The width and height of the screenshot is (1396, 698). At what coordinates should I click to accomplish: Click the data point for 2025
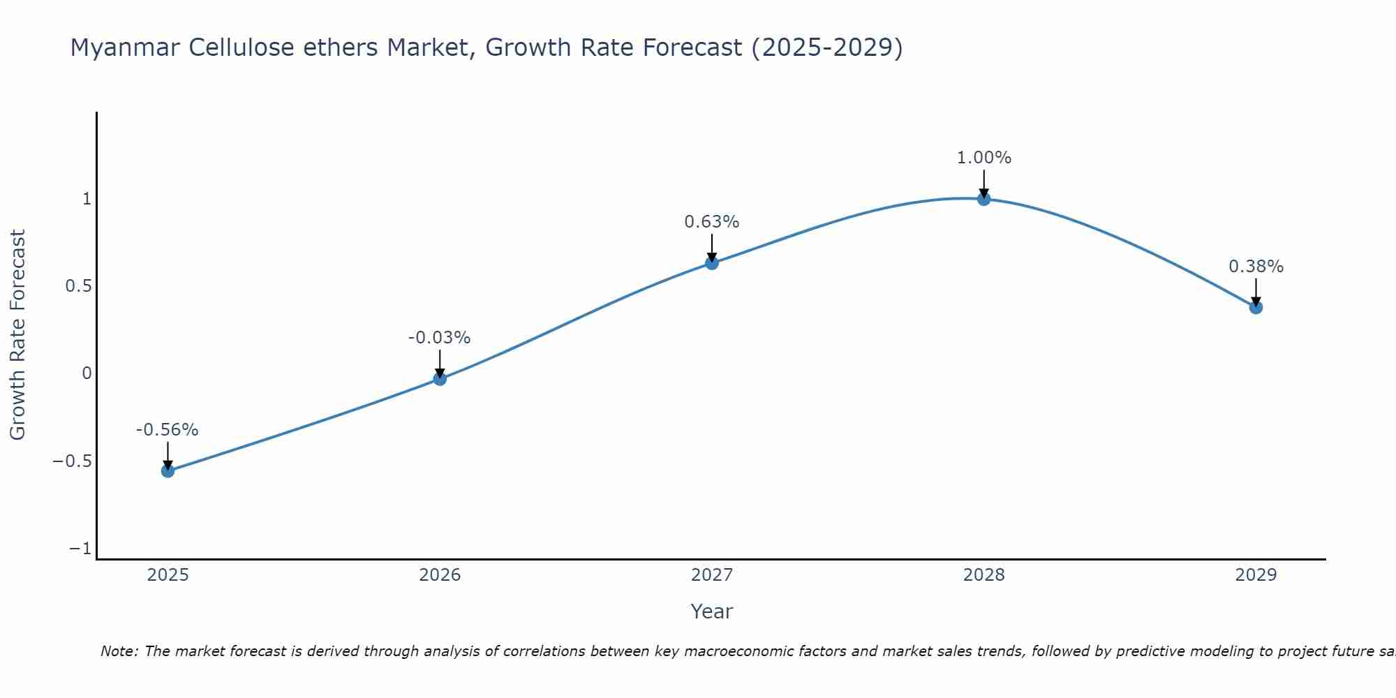[x=168, y=471]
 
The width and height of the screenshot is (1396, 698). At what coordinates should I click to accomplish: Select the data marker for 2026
[x=440, y=379]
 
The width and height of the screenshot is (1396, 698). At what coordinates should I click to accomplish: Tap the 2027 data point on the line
[x=712, y=263]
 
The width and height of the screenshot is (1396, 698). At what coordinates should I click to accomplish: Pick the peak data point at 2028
[x=984, y=199]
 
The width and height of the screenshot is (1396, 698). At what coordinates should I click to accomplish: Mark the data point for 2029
[x=1256, y=307]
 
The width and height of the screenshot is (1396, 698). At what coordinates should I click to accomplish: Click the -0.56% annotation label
[x=168, y=430]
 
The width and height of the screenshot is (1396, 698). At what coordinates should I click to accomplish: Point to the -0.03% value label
[x=440, y=338]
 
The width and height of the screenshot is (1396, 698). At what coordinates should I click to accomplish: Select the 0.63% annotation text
[x=712, y=222]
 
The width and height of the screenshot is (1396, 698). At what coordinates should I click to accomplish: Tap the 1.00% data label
[x=984, y=158]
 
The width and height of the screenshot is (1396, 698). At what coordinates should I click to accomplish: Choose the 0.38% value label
[x=1256, y=267]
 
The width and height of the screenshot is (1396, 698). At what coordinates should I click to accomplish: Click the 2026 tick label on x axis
[x=440, y=575]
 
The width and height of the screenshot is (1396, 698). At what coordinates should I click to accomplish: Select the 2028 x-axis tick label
[x=984, y=575]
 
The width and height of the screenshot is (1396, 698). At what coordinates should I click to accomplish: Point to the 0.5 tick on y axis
[x=78, y=286]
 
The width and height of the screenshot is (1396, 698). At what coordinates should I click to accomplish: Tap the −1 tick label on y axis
[x=80, y=549]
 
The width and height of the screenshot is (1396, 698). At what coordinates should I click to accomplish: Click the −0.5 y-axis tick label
[x=72, y=461]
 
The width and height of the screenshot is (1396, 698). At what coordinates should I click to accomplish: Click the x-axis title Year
[x=712, y=611]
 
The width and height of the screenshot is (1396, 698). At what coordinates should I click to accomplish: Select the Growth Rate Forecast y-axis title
[x=17, y=335]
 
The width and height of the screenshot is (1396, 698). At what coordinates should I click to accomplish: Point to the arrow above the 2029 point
[x=1256, y=292]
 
